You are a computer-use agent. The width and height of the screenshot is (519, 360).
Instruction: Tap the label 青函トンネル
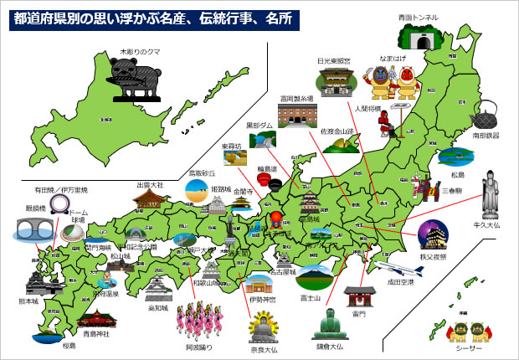[418, 16]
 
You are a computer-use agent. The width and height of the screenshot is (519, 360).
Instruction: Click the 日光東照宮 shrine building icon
[333, 81]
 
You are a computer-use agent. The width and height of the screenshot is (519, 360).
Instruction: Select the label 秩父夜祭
[436, 248]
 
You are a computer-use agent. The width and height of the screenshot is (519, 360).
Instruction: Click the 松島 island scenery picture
[456, 157]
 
